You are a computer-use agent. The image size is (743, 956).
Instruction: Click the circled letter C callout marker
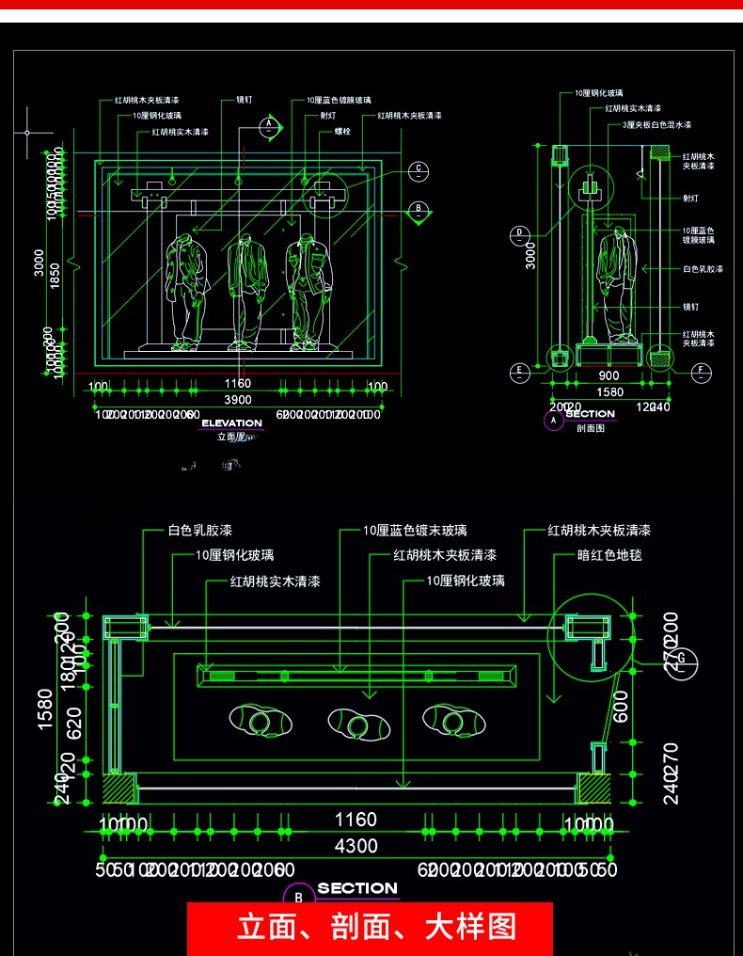pos(418,170)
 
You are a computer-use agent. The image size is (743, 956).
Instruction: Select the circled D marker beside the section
pos(518,232)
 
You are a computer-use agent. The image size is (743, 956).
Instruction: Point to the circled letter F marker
pos(700,372)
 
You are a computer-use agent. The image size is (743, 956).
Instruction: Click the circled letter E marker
pos(518,372)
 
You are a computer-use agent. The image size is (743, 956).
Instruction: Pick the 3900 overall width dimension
pos(237,399)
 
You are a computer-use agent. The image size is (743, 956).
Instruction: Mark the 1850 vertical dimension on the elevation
pos(55,275)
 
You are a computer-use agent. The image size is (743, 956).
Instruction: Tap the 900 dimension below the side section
pos(609,375)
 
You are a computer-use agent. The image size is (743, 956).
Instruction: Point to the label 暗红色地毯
pos(609,556)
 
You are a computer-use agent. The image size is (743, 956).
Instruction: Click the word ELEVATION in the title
pos(231,423)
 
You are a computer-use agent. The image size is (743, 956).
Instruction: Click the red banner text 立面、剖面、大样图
pos(377,928)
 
